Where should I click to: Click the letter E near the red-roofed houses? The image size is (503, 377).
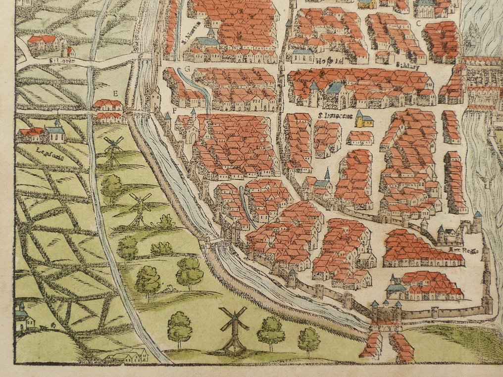(x=115, y=93)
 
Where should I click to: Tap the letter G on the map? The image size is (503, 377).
(x=188, y=68)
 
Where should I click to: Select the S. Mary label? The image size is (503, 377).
(x=404, y=64)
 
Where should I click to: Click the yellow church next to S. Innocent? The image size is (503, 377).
(x=364, y=119)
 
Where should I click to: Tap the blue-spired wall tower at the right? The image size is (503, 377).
(x=477, y=221)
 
